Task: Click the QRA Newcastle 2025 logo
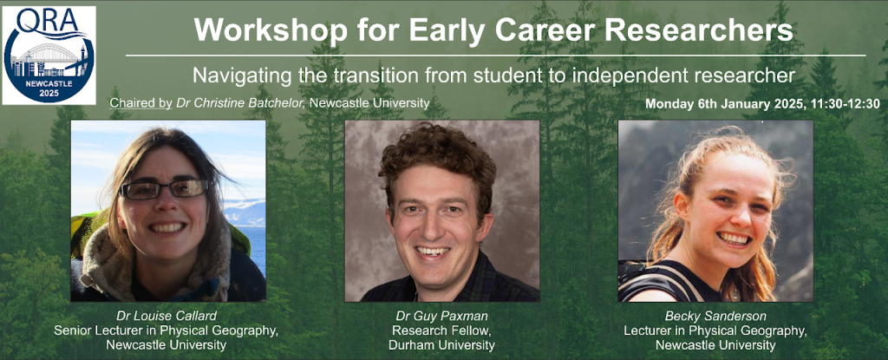click(49, 56)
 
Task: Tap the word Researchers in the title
click(699, 30)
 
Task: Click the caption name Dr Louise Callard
click(166, 317)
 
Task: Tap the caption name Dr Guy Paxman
click(441, 317)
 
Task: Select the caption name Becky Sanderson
click(715, 317)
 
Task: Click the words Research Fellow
click(441, 331)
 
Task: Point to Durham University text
click(441, 344)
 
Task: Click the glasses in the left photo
click(164, 189)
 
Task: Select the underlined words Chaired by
click(141, 103)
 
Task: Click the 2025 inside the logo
click(49, 94)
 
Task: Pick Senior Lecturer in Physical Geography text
click(166, 331)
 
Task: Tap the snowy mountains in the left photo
click(245, 212)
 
